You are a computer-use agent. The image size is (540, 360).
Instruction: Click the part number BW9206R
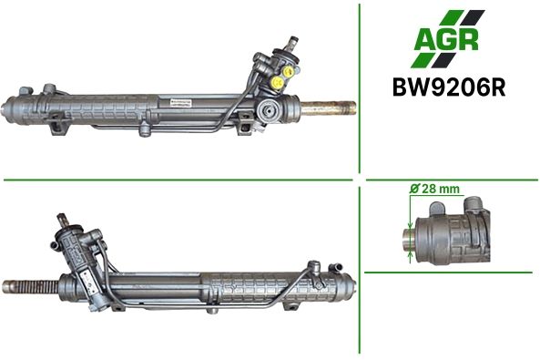(x=449, y=87)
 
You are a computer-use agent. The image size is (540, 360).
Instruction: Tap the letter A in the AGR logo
(x=425, y=40)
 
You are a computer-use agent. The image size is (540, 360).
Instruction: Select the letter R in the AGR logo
(x=468, y=40)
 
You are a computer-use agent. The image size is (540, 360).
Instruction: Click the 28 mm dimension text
(x=441, y=189)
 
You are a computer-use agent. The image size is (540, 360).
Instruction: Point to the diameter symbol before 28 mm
(x=415, y=189)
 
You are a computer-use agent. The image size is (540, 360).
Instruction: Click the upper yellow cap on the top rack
(x=288, y=71)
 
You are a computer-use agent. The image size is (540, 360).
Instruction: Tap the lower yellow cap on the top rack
(x=277, y=83)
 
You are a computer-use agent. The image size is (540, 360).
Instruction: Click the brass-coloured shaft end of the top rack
(x=328, y=108)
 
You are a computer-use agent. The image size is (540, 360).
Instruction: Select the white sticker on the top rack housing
(x=180, y=103)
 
